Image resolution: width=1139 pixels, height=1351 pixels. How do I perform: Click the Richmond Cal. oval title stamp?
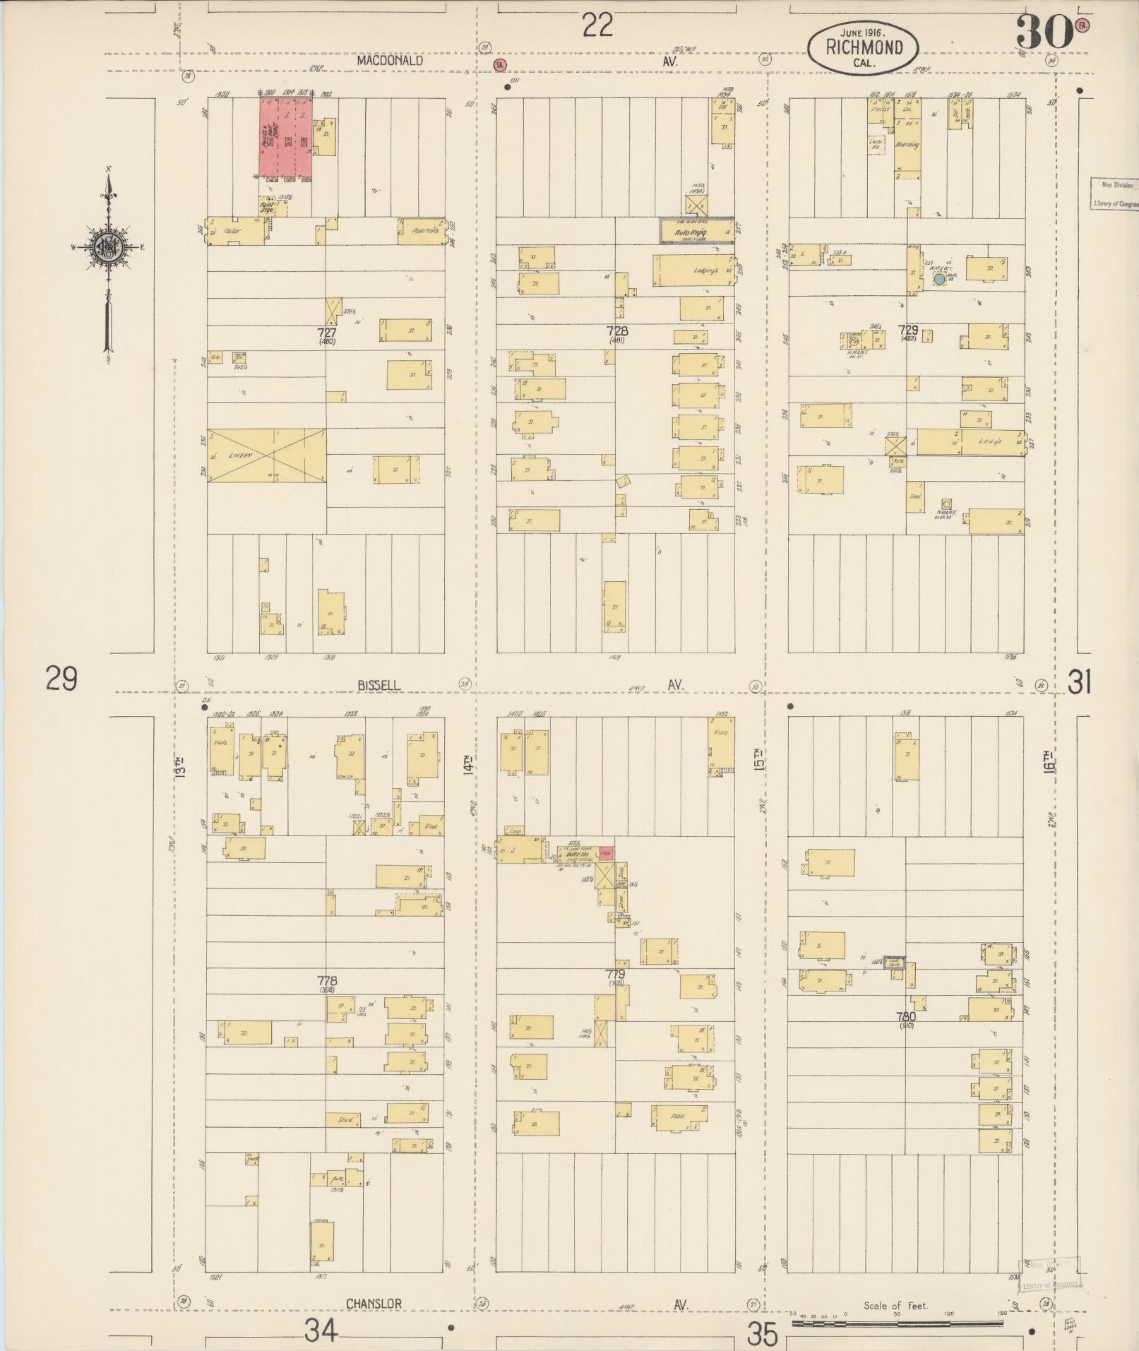click(864, 47)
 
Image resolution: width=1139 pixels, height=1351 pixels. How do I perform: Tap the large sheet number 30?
click(1044, 33)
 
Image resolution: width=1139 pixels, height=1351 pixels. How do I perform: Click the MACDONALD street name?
click(390, 61)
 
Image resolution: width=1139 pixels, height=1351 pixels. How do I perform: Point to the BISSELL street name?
click(378, 685)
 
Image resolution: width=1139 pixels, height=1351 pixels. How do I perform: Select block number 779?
click(616, 975)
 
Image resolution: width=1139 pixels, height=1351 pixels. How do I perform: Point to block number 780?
click(906, 1017)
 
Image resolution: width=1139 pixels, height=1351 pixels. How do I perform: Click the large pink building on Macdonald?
click(285, 137)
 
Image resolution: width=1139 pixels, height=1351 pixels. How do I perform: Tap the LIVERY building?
click(266, 456)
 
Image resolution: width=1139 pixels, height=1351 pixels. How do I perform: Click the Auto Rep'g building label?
click(696, 231)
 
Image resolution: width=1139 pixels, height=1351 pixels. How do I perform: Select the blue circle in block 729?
click(939, 279)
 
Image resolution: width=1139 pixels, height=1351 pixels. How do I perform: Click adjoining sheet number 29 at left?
click(61, 679)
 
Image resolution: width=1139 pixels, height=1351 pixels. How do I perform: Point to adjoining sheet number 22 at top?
click(597, 26)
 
